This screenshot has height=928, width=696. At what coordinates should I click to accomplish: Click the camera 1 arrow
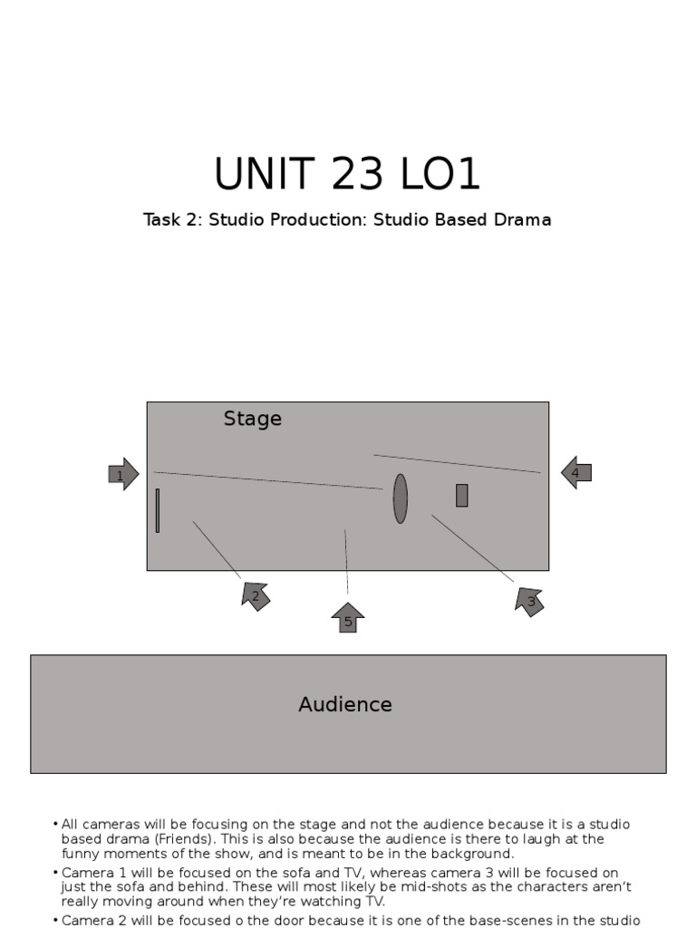(123, 474)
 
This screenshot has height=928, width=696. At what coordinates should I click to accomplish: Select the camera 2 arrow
(256, 595)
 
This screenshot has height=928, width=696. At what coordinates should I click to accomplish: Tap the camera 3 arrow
(530, 601)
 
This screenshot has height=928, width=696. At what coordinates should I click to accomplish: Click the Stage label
(252, 419)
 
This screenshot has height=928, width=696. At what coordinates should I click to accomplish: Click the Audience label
(345, 704)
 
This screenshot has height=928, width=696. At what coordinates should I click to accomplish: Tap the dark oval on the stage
(400, 498)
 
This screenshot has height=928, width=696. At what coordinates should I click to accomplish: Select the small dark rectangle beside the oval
(461, 495)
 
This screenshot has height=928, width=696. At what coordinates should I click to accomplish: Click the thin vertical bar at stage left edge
(158, 510)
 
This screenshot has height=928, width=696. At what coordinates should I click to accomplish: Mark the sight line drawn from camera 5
(346, 562)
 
